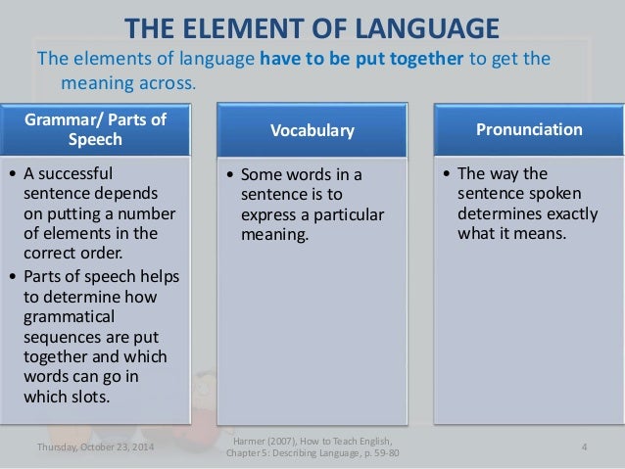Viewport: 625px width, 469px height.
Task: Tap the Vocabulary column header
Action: pyautogui.click(x=312, y=129)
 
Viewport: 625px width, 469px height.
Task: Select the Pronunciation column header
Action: pyautogui.click(x=522, y=128)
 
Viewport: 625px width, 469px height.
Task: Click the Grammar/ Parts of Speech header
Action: pyautogui.click(x=102, y=128)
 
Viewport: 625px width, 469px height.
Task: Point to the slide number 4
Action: pyautogui.click(x=583, y=448)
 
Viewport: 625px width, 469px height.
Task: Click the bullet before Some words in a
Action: pyautogui.click(x=230, y=176)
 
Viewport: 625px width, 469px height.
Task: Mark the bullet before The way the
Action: pyautogui.click(x=446, y=176)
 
